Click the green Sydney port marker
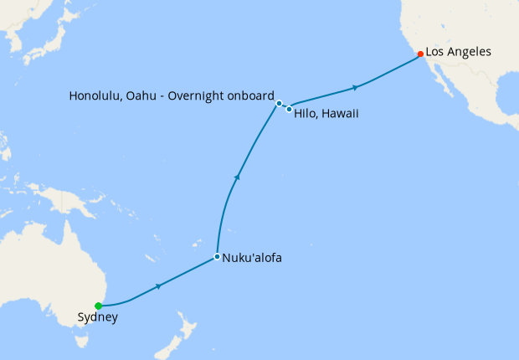[x=98, y=306]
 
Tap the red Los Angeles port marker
[x=420, y=54]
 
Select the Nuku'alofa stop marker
[x=217, y=256]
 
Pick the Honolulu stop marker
[x=279, y=103]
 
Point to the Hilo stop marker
[x=289, y=109]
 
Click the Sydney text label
[x=97, y=318]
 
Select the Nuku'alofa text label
[x=252, y=258]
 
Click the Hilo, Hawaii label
[x=326, y=113]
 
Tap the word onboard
[x=250, y=95]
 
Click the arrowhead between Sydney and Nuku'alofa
[x=158, y=286]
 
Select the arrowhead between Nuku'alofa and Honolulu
[x=238, y=176]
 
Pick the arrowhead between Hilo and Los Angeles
[x=357, y=87]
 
